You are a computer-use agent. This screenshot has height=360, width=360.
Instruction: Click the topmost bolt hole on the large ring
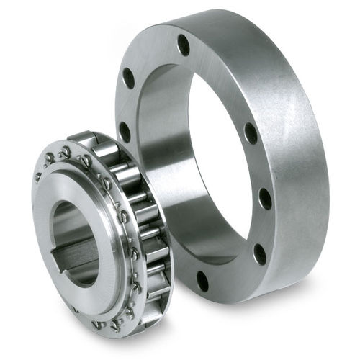click(184, 45)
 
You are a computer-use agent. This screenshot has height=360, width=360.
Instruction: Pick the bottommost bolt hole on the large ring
click(202, 280)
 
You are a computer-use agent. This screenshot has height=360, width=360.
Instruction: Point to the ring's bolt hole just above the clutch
click(125, 132)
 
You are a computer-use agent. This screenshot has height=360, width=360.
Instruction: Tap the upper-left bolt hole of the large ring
click(129, 77)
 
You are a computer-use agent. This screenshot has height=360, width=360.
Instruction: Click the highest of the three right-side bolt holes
click(250, 134)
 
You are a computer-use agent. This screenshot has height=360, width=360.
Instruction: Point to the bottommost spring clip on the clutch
click(115, 325)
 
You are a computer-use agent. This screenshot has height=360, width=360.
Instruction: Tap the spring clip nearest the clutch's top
click(67, 151)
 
